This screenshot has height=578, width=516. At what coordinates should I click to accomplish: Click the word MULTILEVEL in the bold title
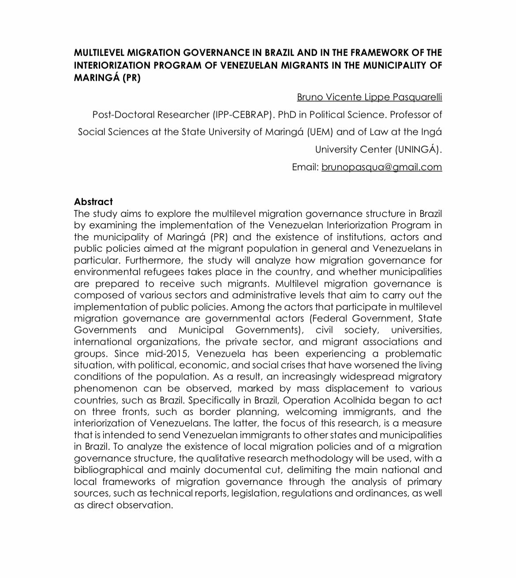[99, 53]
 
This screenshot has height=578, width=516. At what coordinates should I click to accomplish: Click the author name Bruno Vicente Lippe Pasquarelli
[369, 97]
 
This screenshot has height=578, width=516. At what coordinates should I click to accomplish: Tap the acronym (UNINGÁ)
[418, 149]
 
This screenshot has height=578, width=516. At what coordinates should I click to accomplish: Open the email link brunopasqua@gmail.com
[381, 167]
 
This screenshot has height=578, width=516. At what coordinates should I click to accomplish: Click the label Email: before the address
[305, 167]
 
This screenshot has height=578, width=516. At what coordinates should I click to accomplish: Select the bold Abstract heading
[93, 202]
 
